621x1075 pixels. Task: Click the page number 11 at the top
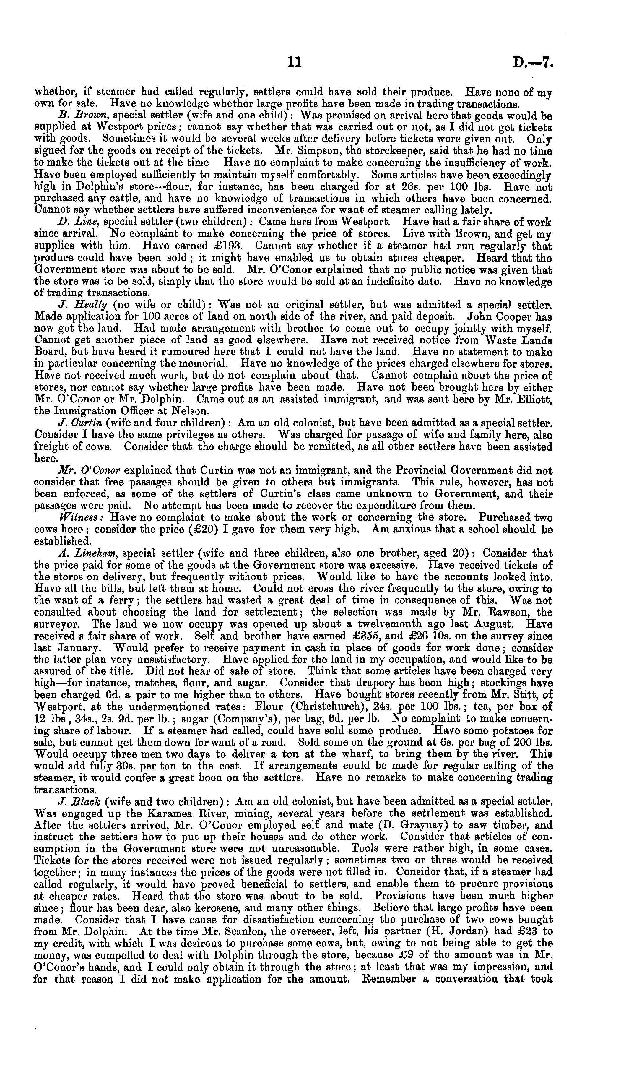(294, 63)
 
